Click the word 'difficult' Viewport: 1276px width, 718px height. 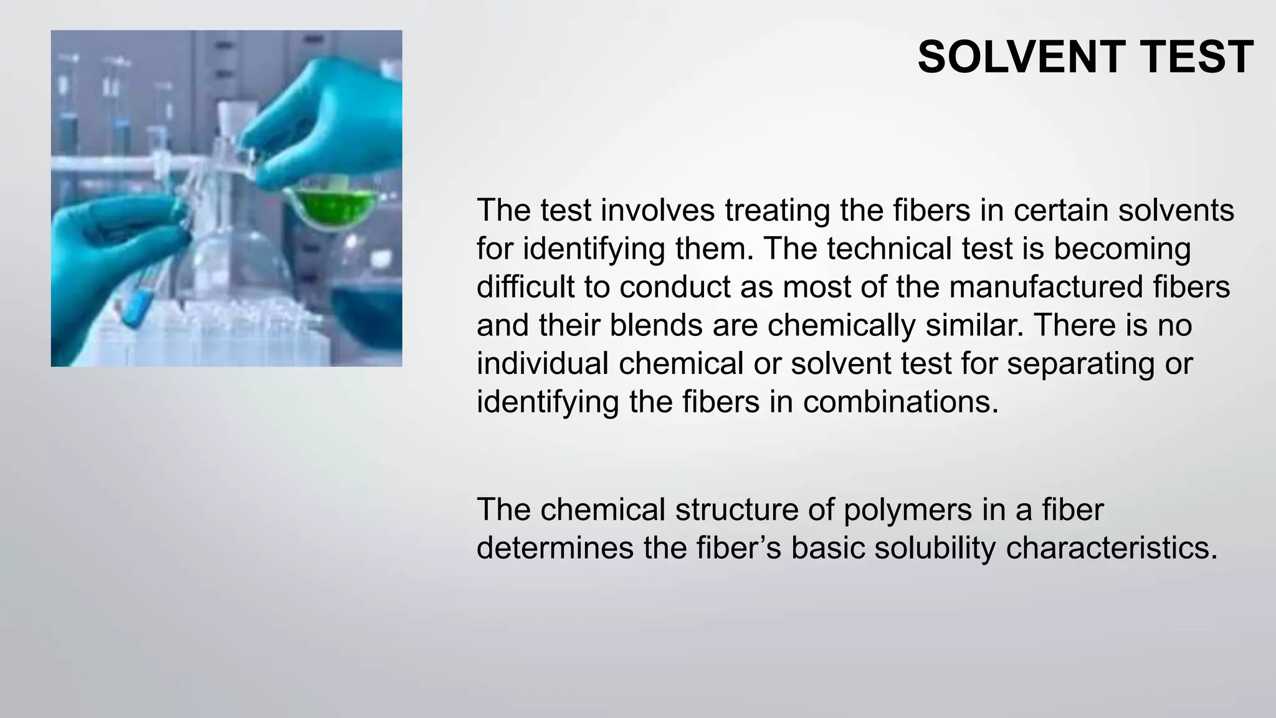tap(526, 287)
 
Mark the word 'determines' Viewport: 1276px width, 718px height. tap(555, 548)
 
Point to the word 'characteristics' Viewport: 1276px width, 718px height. tap(1112, 548)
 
